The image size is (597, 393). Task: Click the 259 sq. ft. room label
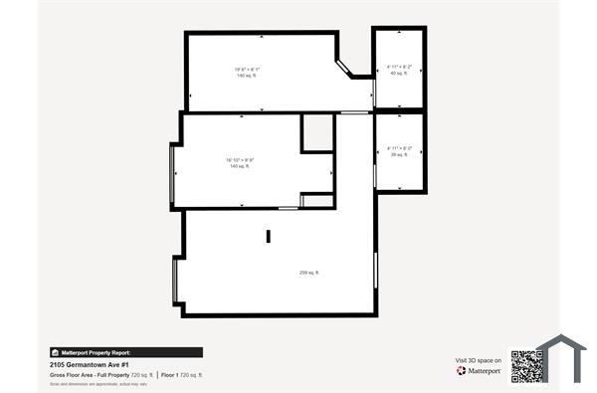coord(309,273)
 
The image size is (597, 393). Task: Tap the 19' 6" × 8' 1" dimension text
coord(247,69)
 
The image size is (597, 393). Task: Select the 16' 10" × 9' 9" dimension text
coord(240,160)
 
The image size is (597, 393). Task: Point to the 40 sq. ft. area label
coord(399,74)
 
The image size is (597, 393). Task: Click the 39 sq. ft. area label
coord(399,154)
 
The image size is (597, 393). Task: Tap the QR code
coord(526,365)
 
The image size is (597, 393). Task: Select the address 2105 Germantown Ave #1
coord(90,364)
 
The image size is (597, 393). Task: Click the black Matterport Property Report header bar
coord(125,352)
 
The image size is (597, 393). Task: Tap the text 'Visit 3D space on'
coord(476,359)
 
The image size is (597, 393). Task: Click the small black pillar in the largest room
coord(268,236)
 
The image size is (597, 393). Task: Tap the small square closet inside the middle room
coord(317,132)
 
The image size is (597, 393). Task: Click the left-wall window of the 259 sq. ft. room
coord(175,282)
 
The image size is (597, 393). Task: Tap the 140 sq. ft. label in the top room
coord(247,76)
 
